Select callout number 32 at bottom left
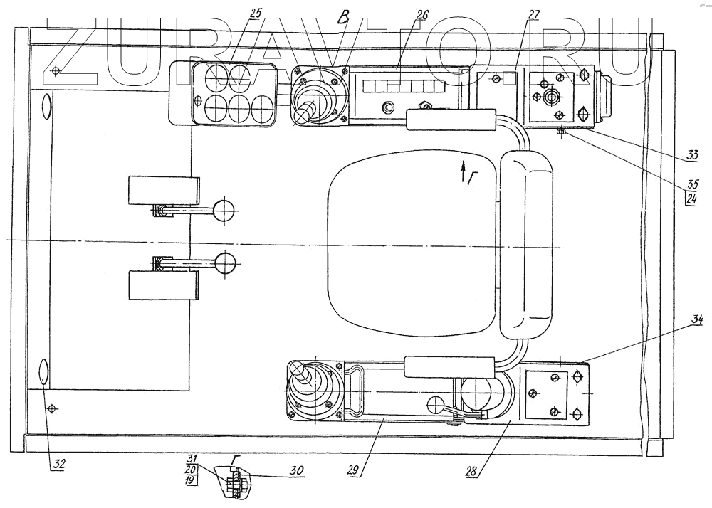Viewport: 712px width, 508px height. coord(58,464)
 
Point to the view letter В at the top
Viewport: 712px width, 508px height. coord(345,18)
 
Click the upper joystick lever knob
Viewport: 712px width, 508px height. coord(306,110)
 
